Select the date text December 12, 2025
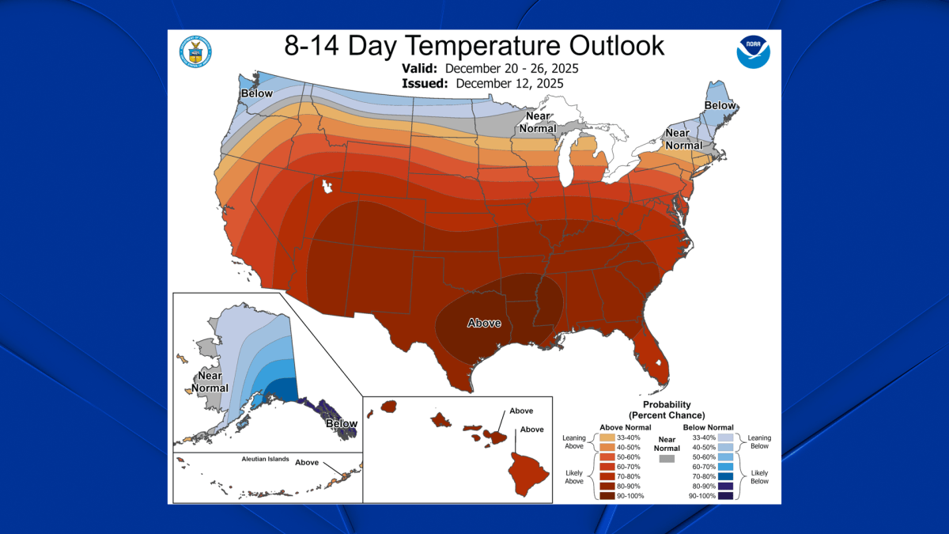click(509, 82)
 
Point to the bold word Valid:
click(418, 67)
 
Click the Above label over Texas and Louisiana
click(484, 323)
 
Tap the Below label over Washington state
click(257, 93)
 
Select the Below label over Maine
click(720, 105)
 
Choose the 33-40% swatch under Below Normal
click(724, 437)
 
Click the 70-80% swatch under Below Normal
click(724, 475)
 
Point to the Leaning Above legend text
click(573, 441)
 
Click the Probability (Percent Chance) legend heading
click(666, 410)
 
